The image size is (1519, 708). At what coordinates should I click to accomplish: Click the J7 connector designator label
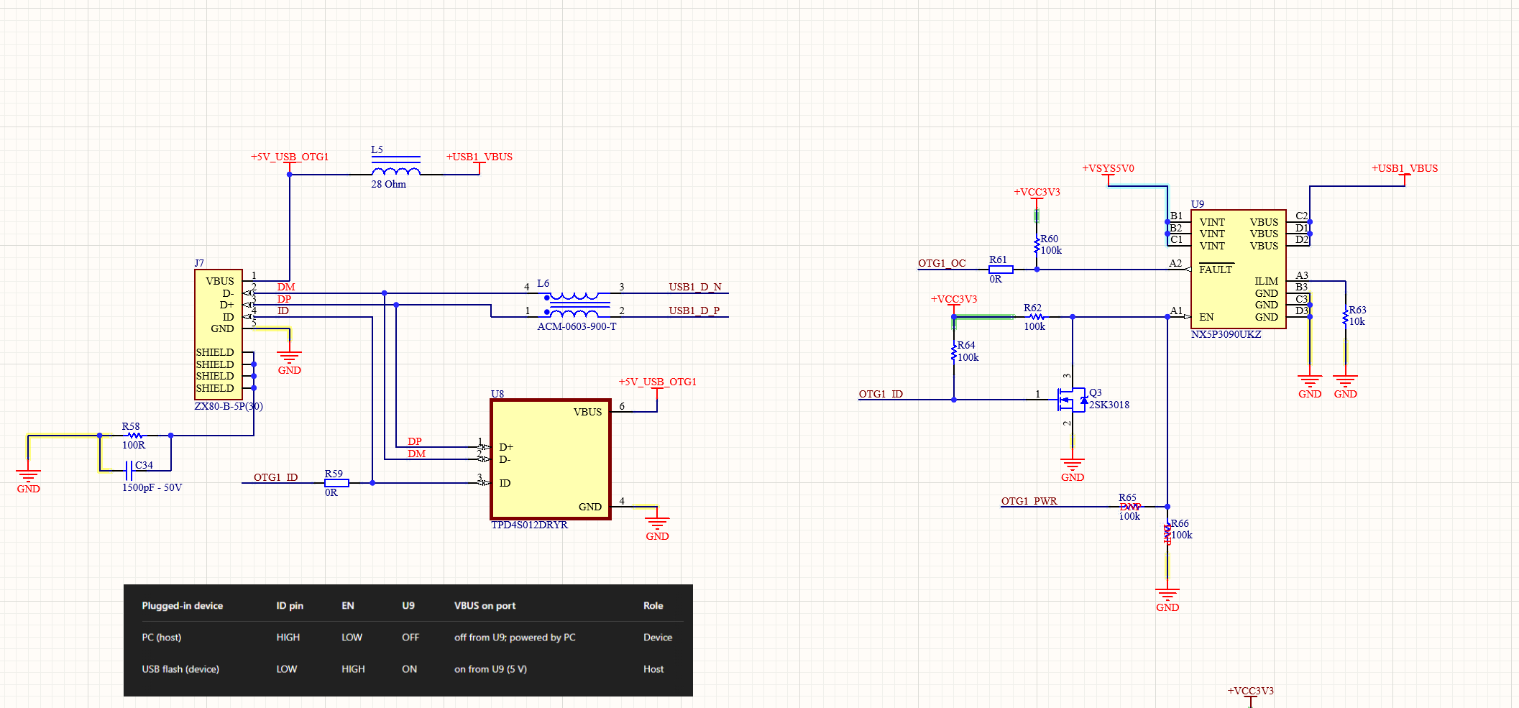[199, 263]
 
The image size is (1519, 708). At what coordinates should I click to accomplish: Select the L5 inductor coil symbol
[396, 171]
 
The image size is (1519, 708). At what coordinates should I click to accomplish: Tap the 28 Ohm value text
[388, 185]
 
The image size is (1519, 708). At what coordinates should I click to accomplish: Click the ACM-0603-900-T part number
[577, 327]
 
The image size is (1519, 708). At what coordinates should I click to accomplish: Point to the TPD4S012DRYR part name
[529, 525]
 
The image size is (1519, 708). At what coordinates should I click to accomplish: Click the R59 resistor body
[336, 483]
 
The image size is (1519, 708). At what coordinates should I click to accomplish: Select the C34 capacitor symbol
[129, 472]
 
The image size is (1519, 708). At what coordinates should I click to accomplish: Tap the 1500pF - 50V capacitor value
[152, 488]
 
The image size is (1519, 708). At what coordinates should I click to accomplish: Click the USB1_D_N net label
[694, 287]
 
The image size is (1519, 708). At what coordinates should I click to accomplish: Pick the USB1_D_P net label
[694, 311]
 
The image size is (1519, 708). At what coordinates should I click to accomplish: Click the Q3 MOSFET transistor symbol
[1073, 400]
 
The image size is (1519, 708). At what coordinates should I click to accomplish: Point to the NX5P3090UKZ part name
[1226, 335]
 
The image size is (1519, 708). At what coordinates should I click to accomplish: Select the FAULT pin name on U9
[1216, 270]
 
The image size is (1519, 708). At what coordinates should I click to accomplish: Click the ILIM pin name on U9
[1266, 281]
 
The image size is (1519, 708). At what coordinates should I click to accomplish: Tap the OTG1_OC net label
[942, 264]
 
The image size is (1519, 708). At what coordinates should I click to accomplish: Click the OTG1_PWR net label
[1029, 501]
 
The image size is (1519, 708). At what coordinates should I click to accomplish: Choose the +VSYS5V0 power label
[1108, 169]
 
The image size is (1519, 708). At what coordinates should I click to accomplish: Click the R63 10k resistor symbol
[1345, 318]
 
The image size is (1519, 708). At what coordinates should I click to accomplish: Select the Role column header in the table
[653, 606]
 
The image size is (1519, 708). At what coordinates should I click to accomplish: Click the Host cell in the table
[653, 669]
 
